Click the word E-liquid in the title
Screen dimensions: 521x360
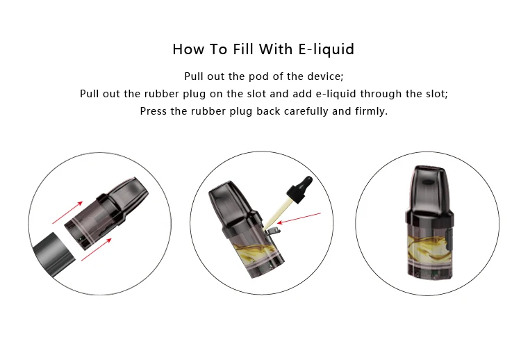(326, 49)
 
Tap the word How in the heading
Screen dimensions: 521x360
(188, 49)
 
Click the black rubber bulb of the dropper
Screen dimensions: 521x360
(300, 188)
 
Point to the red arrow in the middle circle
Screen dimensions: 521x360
(299, 218)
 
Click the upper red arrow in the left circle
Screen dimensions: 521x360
(67, 213)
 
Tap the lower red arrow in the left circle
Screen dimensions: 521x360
(97, 249)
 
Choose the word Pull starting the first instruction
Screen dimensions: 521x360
(193, 76)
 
